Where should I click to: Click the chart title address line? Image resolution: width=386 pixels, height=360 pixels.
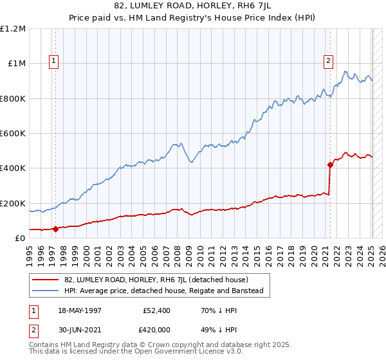pos(193,6)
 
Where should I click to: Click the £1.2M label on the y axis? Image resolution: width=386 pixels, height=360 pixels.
pos(14,29)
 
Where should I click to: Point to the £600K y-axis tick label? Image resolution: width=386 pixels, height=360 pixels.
pos(13,134)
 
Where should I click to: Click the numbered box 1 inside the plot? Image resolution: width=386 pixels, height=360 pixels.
pos(53,61)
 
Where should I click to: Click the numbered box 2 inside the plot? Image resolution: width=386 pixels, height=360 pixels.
pos(328,61)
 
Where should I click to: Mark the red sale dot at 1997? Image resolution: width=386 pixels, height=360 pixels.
pos(55,229)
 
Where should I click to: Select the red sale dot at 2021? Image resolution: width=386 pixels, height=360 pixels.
pos(330,165)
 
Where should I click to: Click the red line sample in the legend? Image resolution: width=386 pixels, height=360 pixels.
pos(46,280)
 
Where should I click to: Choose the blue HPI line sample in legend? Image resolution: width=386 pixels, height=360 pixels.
pos(46,291)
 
